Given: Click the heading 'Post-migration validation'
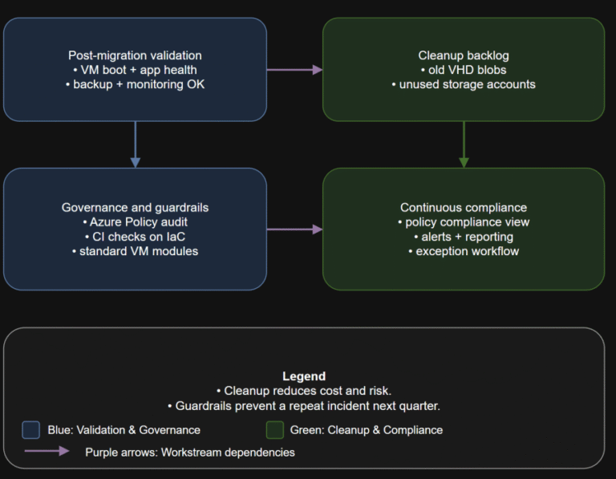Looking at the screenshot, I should [x=135, y=55].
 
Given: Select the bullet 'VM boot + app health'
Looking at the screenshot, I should [x=135, y=70].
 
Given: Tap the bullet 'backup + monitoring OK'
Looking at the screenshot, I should [x=135, y=84].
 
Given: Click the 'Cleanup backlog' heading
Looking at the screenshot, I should [x=464, y=55].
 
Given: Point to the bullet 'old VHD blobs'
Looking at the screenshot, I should [x=464, y=70].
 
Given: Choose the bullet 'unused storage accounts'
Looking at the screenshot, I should [x=464, y=84].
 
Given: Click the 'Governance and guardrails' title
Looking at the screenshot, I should [x=135, y=207].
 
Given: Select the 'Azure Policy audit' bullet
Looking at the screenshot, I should [x=135, y=221].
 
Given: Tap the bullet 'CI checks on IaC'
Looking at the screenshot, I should [x=135, y=236].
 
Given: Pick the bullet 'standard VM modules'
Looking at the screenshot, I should [x=135, y=250].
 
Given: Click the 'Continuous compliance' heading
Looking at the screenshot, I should [x=464, y=207].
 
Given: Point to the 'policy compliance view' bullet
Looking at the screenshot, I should [x=464, y=221].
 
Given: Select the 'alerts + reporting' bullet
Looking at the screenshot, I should [x=464, y=236].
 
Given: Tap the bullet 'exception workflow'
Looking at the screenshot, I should [x=464, y=250].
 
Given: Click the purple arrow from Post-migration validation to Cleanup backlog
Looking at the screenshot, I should [x=294, y=70].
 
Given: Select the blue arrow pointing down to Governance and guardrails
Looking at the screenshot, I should [x=135, y=144].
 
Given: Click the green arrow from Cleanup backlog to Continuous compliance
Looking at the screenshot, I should [x=464, y=144].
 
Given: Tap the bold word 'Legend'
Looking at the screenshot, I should [x=304, y=375].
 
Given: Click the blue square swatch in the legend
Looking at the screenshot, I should [x=31, y=430].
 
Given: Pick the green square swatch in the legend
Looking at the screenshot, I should [x=274, y=430].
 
